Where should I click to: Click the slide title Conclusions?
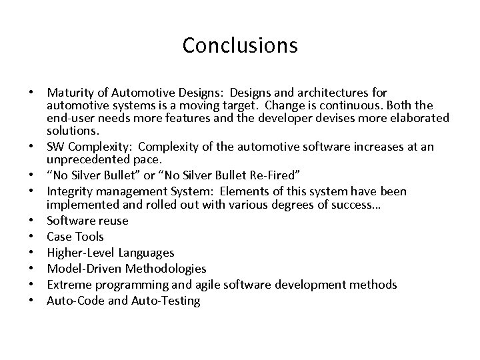[x=239, y=45]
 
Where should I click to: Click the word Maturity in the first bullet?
[x=69, y=91]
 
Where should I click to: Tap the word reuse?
[x=111, y=221]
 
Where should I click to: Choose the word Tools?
[x=89, y=237]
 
